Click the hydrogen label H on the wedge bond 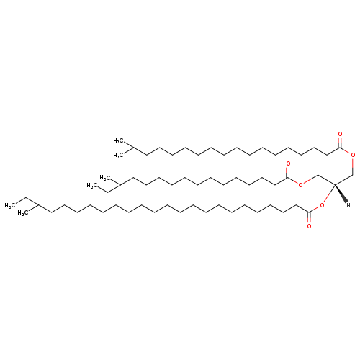click(x=348, y=205)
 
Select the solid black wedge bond click(x=341, y=194)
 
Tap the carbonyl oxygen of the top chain click(x=340, y=135)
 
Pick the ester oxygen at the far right click(x=353, y=155)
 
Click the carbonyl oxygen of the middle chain click(x=288, y=164)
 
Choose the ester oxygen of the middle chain click(x=300, y=184)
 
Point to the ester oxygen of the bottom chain click(x=322, y=205)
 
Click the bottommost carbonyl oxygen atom click(x=309, y=226)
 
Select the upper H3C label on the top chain click(x=118, y=140)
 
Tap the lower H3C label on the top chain click(x=118, y=156)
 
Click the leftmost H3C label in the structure click(x=9, y=205)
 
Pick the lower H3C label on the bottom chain click(x=22, y=213)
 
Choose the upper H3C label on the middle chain click(x=105, y=178)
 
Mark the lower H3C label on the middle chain click(x=92, y=185)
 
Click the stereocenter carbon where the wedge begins click(x=335, y=184)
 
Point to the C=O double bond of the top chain click(x=340, y=143)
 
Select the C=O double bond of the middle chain click(x=288, y=172)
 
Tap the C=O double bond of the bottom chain click(x=309, y=217)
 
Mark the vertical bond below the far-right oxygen click(x=353, y=166)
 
